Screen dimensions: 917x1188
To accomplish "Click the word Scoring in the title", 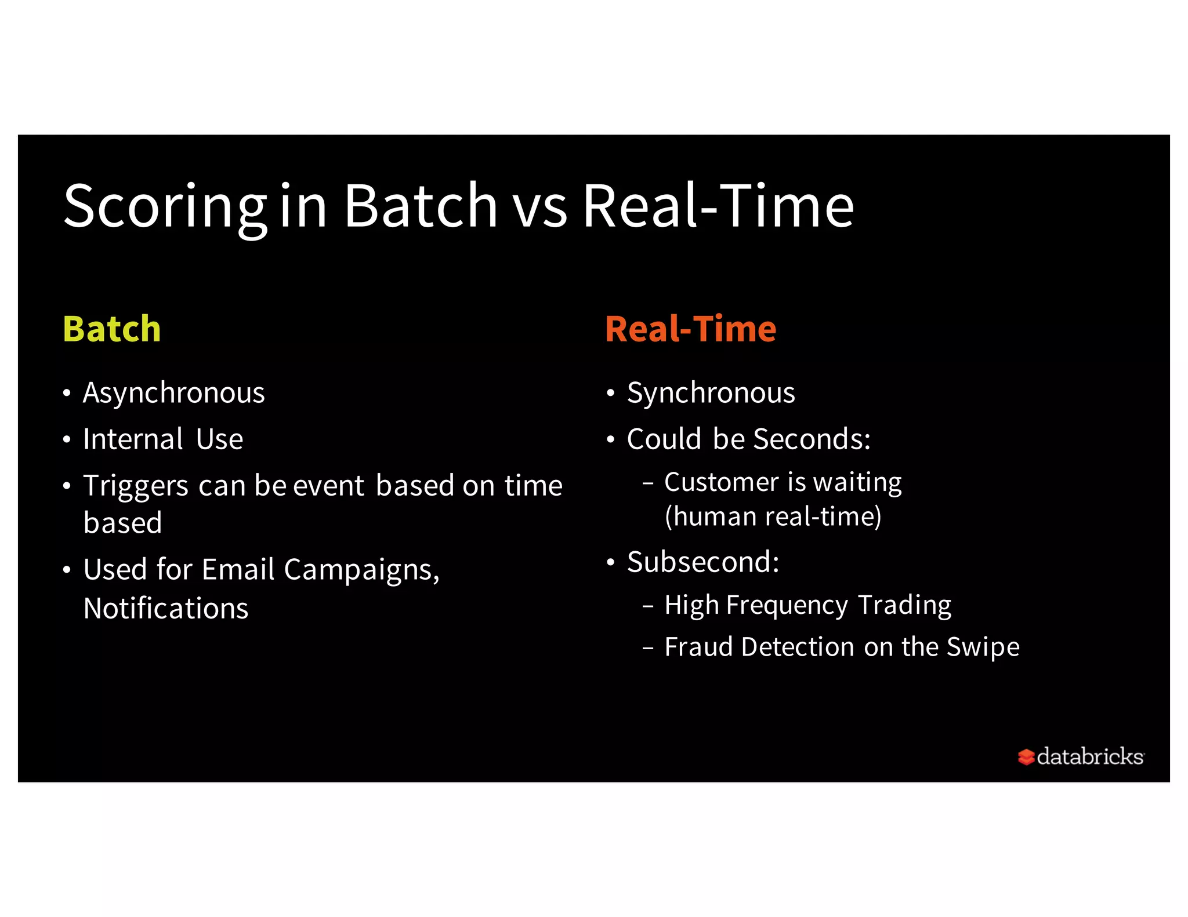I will (x=164, y=207).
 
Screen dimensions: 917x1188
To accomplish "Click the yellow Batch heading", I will (x=111, y=329).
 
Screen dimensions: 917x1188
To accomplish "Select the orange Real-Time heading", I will (x=690, y=329).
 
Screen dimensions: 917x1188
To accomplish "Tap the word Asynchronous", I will (x=173, y=394).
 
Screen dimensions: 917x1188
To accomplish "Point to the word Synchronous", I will (x=711, y=394).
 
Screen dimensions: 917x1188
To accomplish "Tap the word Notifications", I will (x=166, y=609).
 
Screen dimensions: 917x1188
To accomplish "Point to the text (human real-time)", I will (x=773, y=516).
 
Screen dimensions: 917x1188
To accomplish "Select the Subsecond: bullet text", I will (x=703, y=562).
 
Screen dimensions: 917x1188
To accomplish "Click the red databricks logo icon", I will (x=1026, y=757).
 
